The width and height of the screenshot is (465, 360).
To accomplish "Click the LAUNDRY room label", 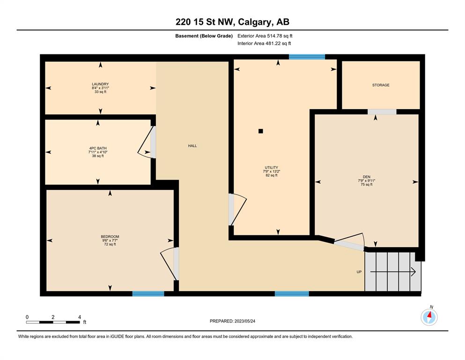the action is (100, 84).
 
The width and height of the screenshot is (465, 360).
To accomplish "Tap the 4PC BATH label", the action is (98, 148).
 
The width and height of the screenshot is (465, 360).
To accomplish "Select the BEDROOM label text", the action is (110, 237).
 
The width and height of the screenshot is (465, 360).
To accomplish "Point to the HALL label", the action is (192, 146).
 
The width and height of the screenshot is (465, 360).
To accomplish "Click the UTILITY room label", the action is (271, 167).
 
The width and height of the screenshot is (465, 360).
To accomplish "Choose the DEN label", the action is (367, 177).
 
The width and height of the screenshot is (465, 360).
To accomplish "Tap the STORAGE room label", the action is (381, 85).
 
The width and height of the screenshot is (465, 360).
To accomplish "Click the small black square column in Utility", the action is (261, 131).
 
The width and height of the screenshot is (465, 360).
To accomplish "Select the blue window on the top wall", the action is (307, 57).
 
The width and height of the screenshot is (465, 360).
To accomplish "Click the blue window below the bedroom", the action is (148, 293).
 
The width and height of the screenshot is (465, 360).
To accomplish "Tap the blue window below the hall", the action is (292, 293).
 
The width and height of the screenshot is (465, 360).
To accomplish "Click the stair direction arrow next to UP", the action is (393, 272).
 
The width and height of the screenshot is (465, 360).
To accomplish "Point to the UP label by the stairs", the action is (359, 272).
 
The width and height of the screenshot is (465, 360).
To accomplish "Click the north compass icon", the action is (429, 317).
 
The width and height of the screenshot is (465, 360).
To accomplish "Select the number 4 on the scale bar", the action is (80, 317).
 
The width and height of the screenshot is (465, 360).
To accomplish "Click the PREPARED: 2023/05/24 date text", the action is (232, 321).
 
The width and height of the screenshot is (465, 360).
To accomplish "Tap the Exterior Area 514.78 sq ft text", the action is (265, 36).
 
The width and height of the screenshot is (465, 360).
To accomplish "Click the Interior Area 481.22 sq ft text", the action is (264, 43).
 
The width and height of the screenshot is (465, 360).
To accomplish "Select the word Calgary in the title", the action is (255, 22).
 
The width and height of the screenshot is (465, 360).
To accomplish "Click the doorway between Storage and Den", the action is (382, 112).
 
